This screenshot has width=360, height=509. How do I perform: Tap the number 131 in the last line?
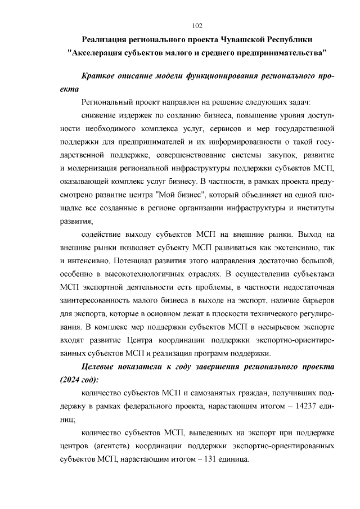pyautogui.click(x=206, y=459)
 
